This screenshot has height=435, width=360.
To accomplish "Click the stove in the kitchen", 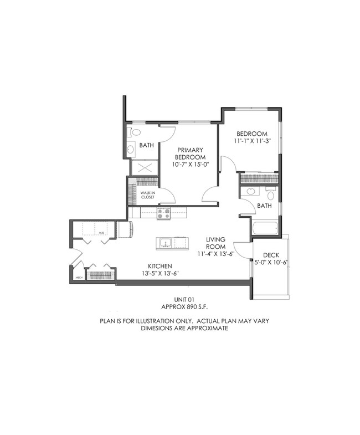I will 164,213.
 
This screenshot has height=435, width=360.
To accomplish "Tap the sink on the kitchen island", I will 164,242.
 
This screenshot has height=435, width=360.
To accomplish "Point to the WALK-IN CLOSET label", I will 147,195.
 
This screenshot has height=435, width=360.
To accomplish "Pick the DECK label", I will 271,255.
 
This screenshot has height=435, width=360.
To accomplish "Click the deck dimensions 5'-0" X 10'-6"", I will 271,263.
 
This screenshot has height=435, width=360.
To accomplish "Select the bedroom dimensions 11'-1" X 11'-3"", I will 252,141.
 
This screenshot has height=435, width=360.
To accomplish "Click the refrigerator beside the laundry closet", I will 125,229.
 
